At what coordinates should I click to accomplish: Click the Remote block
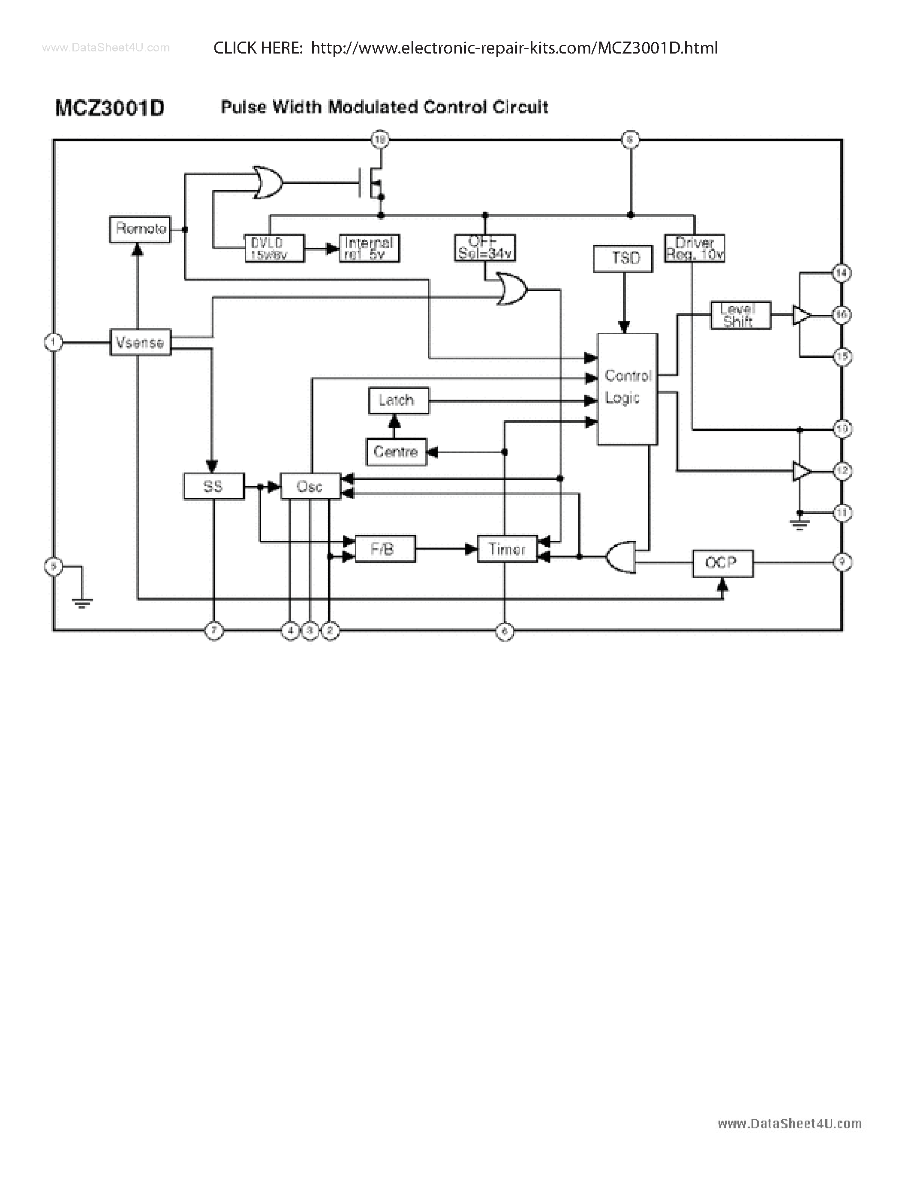[140, 229]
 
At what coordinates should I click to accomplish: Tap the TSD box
[623, 259]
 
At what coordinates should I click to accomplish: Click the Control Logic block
[627, 389]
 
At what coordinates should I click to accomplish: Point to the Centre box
[396, 452]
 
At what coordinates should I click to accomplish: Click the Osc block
[310, 486]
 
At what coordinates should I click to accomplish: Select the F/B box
[385, 549]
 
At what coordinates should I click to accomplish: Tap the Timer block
[507, 549]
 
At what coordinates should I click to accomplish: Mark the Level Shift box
[740, 315]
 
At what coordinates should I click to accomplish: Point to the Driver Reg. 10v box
[695, 248]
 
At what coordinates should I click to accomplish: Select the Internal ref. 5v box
[369, 248]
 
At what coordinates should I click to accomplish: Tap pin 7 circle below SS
[214, 631]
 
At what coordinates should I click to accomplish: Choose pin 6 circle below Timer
[505, 631]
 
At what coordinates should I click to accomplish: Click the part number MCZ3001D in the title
[110, 108]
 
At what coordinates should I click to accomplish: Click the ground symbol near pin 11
[799, 523]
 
